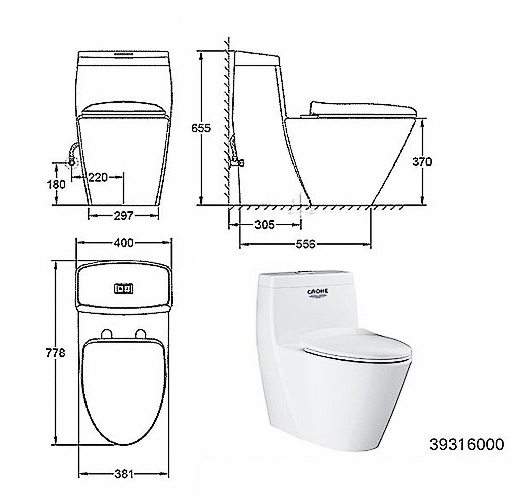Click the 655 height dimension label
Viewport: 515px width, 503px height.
[201, 128]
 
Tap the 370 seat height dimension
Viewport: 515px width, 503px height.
[422, 162]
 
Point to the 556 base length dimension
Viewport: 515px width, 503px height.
[305, 244]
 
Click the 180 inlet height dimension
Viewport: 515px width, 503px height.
[57, 184]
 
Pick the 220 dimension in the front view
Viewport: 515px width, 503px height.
[98, 177]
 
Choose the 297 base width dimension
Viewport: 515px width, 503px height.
[123, 215]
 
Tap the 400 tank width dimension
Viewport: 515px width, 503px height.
[123, 243]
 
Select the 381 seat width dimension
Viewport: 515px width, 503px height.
[123, 473]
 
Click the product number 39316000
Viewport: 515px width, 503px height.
[466, 444]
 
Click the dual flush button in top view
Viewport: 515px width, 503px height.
[124, 288]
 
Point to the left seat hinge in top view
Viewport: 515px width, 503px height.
[106, 333]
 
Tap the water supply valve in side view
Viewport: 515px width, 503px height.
[238, 162]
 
